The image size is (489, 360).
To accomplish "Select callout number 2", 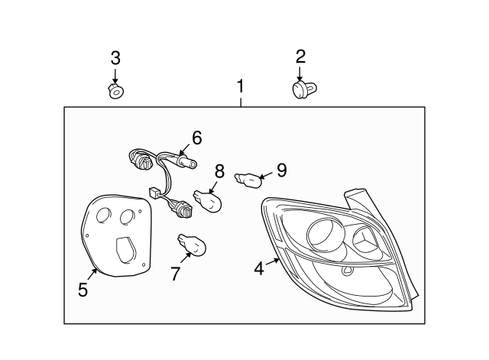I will click(x=300, y=55).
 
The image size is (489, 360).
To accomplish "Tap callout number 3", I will click(x=115, y=57).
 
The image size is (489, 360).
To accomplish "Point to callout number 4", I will click(x=259, y=268).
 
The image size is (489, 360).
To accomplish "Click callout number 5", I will click(x=83, y=290).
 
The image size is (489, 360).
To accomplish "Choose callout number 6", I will click(x=196, y=138).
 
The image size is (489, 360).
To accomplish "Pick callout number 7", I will click(x=176, y=274).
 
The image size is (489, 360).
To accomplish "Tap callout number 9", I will click(x=281, y=170).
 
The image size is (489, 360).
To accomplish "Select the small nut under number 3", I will click(x=116, y=92).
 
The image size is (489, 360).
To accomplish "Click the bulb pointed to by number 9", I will click(x=248, y=181).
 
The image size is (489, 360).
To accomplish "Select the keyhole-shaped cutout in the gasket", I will click(x=122, y=249).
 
